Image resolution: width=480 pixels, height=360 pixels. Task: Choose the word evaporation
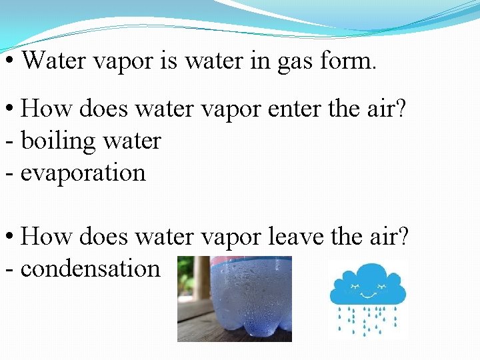[83, 173]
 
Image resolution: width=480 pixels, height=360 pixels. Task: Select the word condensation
[90, 269]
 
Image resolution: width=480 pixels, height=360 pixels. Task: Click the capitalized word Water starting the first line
[56, 61]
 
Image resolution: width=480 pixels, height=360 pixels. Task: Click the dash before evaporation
[9, 174]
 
